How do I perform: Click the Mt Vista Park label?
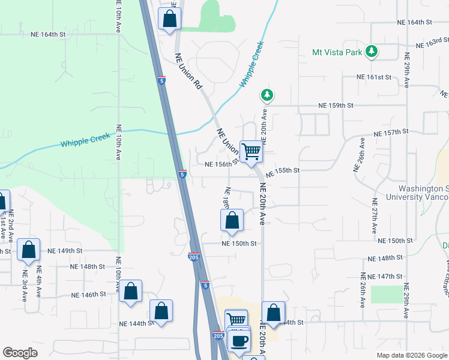337,52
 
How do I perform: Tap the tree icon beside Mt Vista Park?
372,52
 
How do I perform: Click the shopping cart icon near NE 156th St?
251,151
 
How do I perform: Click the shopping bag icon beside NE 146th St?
130,292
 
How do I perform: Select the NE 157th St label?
391,132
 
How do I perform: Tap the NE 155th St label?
282,171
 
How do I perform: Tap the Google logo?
20,352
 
